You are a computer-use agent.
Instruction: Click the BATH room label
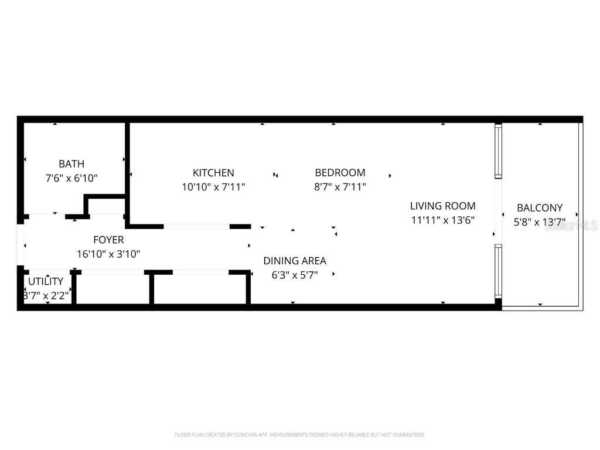coord(71,164)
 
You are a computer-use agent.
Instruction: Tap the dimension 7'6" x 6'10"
coord(71,178)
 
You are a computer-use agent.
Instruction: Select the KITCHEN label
coord(213,173)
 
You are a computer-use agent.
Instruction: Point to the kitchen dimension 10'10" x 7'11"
coord(213,187)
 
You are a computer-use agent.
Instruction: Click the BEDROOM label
coord(340,173)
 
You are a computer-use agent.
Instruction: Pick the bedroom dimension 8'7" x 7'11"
coord(340,187)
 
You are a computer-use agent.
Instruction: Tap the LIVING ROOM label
coord(442,206)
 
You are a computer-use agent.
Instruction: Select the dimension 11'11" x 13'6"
coord(442,220)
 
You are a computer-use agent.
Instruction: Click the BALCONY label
coord(539,208)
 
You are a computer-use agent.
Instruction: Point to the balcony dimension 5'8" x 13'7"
coord(539,222)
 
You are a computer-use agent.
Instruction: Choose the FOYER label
coord(108,240)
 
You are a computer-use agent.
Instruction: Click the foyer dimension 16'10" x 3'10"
coord(108,254)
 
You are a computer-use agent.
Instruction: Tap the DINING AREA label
coord(295,261)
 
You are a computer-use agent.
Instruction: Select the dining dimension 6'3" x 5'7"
coord(295,275)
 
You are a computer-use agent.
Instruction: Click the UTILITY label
coord(46,282)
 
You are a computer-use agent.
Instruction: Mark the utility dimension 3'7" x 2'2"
coord(46,296)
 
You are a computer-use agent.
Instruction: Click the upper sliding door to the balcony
coord(499,151)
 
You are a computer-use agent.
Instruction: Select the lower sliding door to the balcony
coord(499,270)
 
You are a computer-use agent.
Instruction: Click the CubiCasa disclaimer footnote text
coord(300,435)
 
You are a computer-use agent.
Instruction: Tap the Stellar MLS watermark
coord(571,226)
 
